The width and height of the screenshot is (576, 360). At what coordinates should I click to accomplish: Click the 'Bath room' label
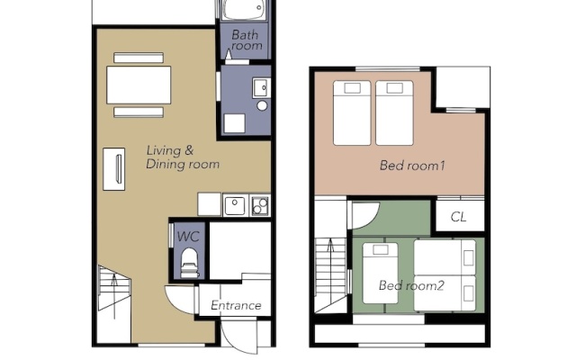[x=247, y=40]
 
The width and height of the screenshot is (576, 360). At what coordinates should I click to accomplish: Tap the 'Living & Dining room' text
[x=183, y=157]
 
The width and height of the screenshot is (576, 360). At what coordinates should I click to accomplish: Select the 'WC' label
[x=188, y=236]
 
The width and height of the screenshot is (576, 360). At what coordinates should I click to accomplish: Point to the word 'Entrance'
[x=236, y=305]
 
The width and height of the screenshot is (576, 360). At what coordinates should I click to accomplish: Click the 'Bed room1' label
[x=412, y=166]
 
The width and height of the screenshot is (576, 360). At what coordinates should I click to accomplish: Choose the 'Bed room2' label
[x=411, y=285]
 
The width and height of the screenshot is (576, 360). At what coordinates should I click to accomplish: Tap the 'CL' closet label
[x=458, y=217]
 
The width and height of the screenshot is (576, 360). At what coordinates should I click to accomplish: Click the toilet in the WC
[x=190, y=263]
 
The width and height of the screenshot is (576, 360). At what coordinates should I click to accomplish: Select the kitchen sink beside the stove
[x=235, y=206]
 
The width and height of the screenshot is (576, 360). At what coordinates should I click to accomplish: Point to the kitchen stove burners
[x=260, y=206]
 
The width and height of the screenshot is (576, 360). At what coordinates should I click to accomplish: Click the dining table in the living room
[x=139, y=85]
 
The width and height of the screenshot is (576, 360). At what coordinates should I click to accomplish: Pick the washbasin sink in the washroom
[x=261, y=88]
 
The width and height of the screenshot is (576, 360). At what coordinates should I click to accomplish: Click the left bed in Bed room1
[x=352, y=113]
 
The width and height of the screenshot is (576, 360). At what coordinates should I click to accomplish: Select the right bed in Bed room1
[x=394, y=113]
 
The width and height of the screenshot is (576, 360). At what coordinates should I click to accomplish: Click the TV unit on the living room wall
[x=114, y=169]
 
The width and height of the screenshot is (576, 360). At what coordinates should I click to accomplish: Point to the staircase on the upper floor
[x=330, y=274]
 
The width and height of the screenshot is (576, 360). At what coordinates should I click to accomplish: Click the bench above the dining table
[x=139, y=58]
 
